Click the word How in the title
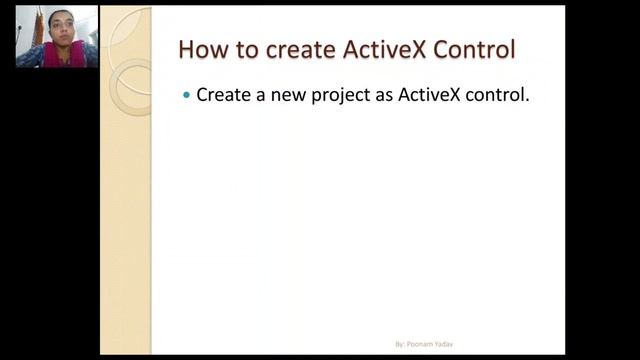tap(201, 49)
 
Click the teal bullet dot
tap(185, 95)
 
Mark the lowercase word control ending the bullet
tap(497, 95)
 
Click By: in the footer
tap(399, 344)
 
